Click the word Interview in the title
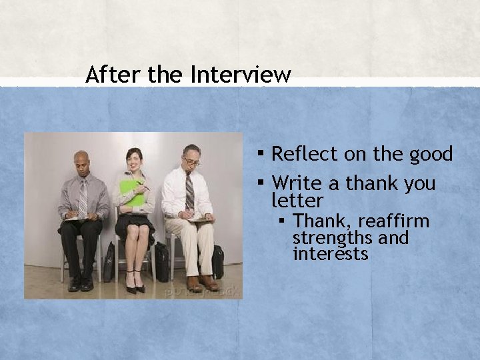[241, 74]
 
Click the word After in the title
[113, 74]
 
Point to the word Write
[297, 183]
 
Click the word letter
[297, 201]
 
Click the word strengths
[333, 237]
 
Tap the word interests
[330, 253]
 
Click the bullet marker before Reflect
[261, 153]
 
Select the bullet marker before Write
[261, 182]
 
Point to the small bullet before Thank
[282, 220]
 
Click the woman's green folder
[132, 193]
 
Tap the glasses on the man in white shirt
[192, 161]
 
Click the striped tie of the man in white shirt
[189, 191]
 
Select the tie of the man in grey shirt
[83, 197]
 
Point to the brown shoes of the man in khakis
[203, 283]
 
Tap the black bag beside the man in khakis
[217, 262]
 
